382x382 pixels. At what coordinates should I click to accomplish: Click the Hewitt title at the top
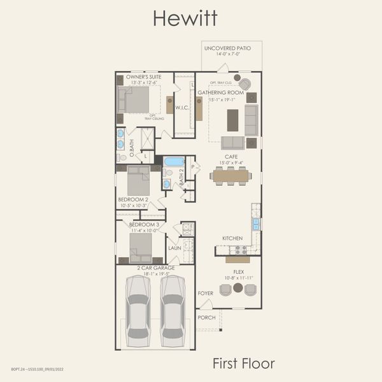185,18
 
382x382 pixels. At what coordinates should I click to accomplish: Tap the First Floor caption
243,364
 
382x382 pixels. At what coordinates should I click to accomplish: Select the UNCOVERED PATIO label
228,48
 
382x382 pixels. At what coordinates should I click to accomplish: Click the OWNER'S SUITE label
143,76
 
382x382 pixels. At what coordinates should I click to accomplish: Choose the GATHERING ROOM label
220,92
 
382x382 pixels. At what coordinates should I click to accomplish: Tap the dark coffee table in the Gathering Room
233,119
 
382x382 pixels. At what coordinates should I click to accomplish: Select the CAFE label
231,156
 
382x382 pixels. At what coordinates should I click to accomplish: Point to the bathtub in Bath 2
174,162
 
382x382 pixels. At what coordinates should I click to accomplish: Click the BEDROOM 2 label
134,199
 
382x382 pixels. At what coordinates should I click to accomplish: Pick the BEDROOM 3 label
144,225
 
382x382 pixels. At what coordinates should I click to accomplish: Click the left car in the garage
139,307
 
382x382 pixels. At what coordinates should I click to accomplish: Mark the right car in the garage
173,307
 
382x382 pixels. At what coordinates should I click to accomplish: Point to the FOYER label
205,294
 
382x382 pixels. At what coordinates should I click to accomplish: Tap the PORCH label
206,317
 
